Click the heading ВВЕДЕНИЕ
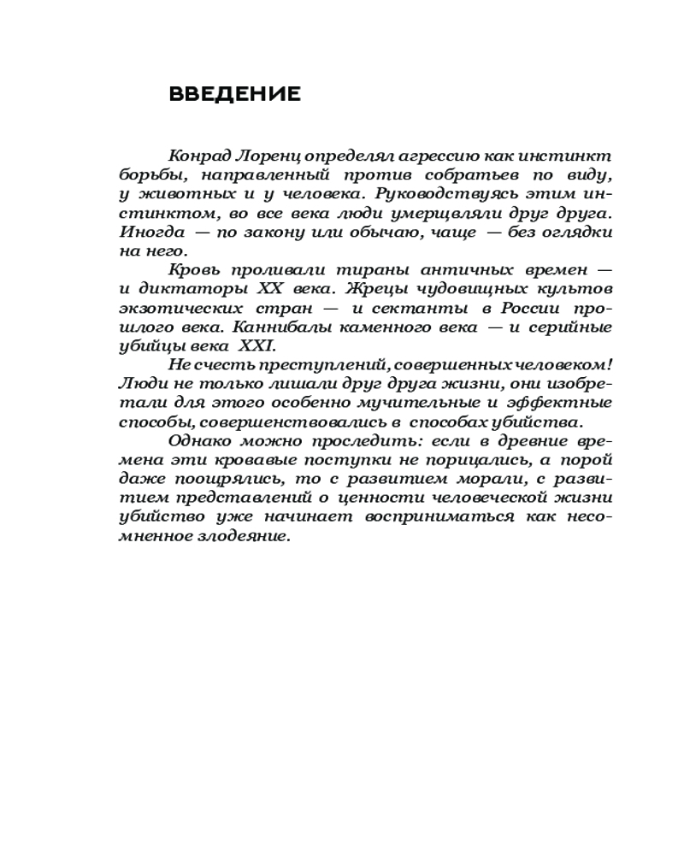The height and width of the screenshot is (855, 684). [x=235, y=94]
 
